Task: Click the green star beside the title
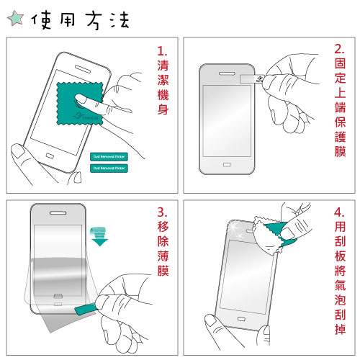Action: click(15, 19)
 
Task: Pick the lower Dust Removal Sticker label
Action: click(109, 168)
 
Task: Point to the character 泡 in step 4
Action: click(340, 294)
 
